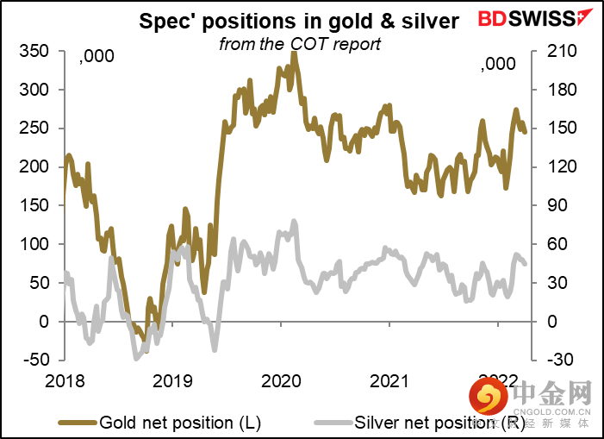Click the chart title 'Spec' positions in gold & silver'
[300, 21]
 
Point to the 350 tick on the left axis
[38, 52]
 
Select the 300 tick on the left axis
[38, 91]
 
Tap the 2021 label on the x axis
[388, 380]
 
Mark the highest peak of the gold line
[294, 53]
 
